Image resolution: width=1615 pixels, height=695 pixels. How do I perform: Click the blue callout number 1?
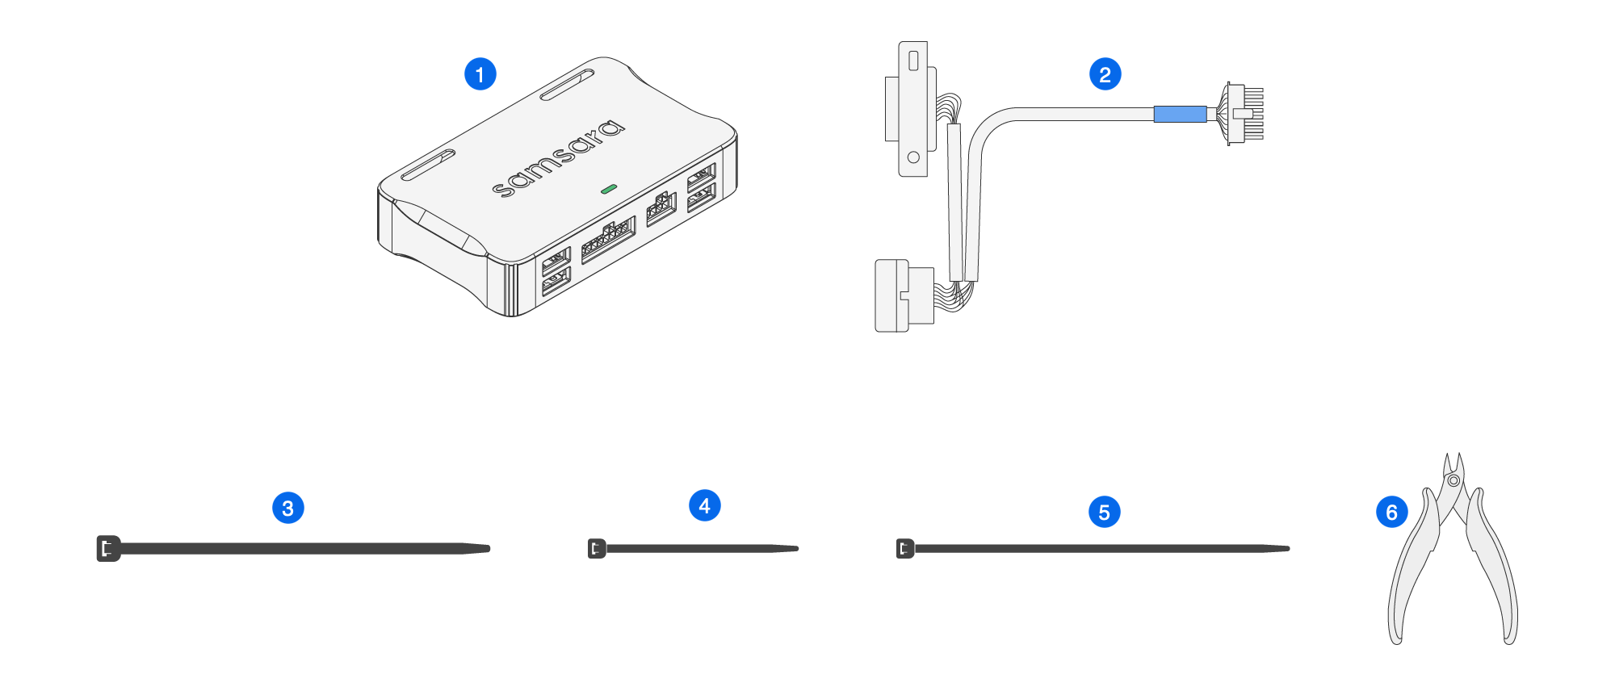coord(480,74)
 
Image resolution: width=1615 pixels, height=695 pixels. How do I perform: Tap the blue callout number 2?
coord(1105,74)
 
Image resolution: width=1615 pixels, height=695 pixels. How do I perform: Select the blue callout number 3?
coord(287,508)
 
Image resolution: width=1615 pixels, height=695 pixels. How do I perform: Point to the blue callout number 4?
coord(704,505)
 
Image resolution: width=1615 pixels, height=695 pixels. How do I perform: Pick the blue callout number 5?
coord(1104,512)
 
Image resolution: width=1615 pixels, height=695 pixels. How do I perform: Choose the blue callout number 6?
coord(1391,512)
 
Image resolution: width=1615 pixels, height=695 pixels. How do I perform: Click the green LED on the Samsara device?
coord(609,189)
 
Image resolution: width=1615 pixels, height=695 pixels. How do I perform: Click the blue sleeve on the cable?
coord(1180,115)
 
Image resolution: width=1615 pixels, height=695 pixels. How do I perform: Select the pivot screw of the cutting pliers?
coord(1453,480)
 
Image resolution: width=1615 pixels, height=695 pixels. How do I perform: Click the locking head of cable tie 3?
coord(107,549)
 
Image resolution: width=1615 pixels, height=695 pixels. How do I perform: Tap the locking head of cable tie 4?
coord(597,549)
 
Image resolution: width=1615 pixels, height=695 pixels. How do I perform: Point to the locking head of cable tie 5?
coord(904,549)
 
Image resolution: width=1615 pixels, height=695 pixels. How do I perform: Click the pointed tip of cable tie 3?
coord(486,549)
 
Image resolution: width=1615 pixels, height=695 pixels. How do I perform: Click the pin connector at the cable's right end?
coord(1244,114)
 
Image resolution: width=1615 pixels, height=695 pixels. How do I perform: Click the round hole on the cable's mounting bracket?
coord(913,157)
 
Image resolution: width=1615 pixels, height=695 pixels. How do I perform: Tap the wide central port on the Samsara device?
coord(607,239)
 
